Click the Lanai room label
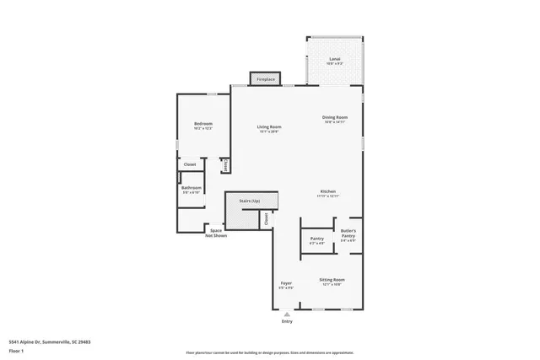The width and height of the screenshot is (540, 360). [334, 58]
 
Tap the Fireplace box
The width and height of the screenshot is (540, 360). [266, 79]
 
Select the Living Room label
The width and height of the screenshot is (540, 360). [269, 127]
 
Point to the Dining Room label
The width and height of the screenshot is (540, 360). [335, 118]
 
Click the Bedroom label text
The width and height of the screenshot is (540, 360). [203, 124]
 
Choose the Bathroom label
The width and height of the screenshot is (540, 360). [191, 188]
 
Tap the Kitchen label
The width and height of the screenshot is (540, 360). [328, 192]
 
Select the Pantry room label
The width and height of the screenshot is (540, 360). [317, 239]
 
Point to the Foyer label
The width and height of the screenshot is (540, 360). [286, 284]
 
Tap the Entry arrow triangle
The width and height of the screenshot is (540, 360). [286, 314]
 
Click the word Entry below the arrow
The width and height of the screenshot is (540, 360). [287, 321]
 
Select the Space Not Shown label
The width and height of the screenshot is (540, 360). [216, 233]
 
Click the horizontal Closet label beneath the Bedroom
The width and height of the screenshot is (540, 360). [190, 164]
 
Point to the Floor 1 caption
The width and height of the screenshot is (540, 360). [17, 350]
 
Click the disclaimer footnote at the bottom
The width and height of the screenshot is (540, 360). [269, 352]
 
